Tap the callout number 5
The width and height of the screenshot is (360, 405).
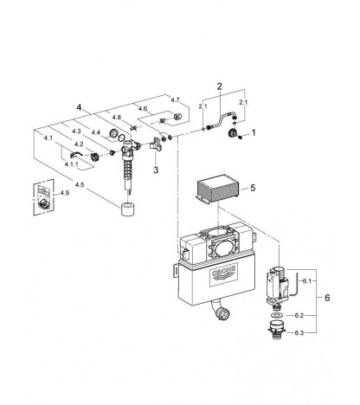(253, 188)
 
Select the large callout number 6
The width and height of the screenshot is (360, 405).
(327, 298)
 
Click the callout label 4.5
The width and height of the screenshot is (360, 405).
(80, 184)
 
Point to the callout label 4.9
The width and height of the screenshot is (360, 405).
(65, 193)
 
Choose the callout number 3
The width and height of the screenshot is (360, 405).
(156, 170)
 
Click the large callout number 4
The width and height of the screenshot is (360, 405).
(79, 107)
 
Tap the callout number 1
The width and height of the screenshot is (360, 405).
(254, 132)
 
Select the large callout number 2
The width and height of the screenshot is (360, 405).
(220, 87)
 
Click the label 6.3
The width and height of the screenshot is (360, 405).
(299, 333)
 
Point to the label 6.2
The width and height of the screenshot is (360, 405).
(299, 316)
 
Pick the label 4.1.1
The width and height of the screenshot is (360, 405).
(70, 164)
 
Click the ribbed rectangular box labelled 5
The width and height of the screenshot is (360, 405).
(217, 190)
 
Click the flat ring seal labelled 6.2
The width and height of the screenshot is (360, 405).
(277, 315)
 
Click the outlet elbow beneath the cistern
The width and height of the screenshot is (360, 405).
(221, 310)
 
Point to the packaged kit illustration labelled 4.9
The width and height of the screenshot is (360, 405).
(44, 197)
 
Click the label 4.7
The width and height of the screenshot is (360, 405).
(175, 100)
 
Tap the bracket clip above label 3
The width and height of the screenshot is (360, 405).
(156, 144)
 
